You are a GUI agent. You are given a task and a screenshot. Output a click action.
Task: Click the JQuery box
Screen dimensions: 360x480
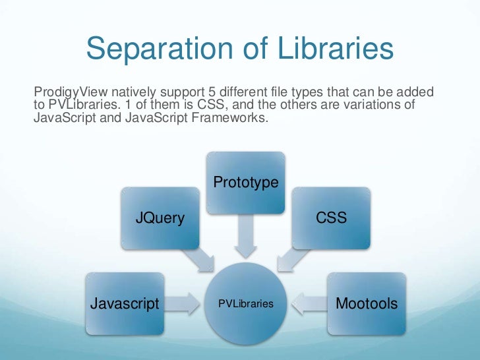(x=160, y=218)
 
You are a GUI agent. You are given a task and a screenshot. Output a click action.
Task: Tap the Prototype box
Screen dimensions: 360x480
(x=246, y=183)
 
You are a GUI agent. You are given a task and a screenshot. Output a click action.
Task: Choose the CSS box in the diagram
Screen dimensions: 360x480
(x=331, y=218)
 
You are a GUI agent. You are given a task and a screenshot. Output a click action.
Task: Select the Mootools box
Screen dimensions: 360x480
(x=367, y=303)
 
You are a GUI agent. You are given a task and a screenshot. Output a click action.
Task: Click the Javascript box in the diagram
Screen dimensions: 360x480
(x=125, y=303)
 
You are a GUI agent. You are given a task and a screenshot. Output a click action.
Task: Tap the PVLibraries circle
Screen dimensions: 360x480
(x=246, y=304)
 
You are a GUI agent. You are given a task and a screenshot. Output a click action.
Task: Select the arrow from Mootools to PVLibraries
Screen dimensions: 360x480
(x=308, y=304)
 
